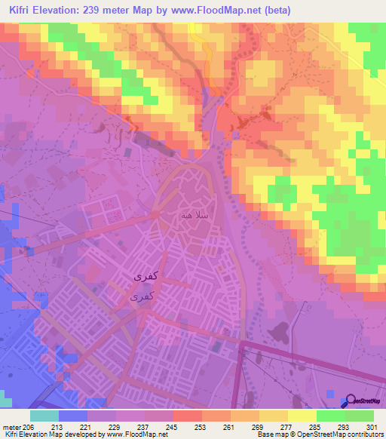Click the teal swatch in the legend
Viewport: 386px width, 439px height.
coord(44,416)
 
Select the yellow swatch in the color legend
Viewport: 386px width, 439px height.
coord(302,416)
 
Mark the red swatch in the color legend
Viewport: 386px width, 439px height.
coord(187,416)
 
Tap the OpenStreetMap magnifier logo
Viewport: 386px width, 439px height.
coord(351,401)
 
